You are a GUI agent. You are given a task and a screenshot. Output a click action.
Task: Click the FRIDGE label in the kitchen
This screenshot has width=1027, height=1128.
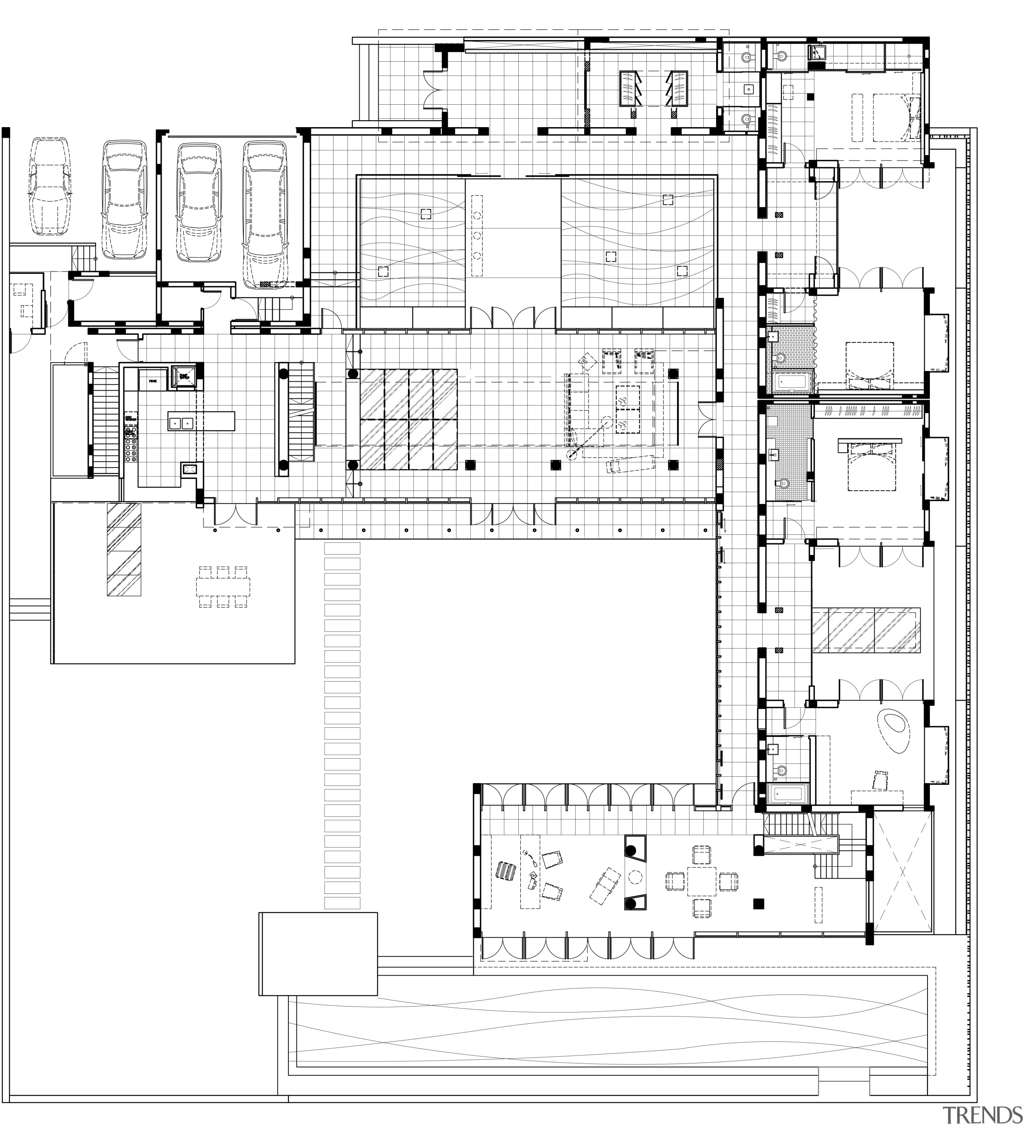pos(152,381)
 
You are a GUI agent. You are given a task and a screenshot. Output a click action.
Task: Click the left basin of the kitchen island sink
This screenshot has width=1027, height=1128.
pos(175,423)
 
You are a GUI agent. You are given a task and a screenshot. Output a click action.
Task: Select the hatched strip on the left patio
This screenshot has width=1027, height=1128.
pos(124,549)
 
